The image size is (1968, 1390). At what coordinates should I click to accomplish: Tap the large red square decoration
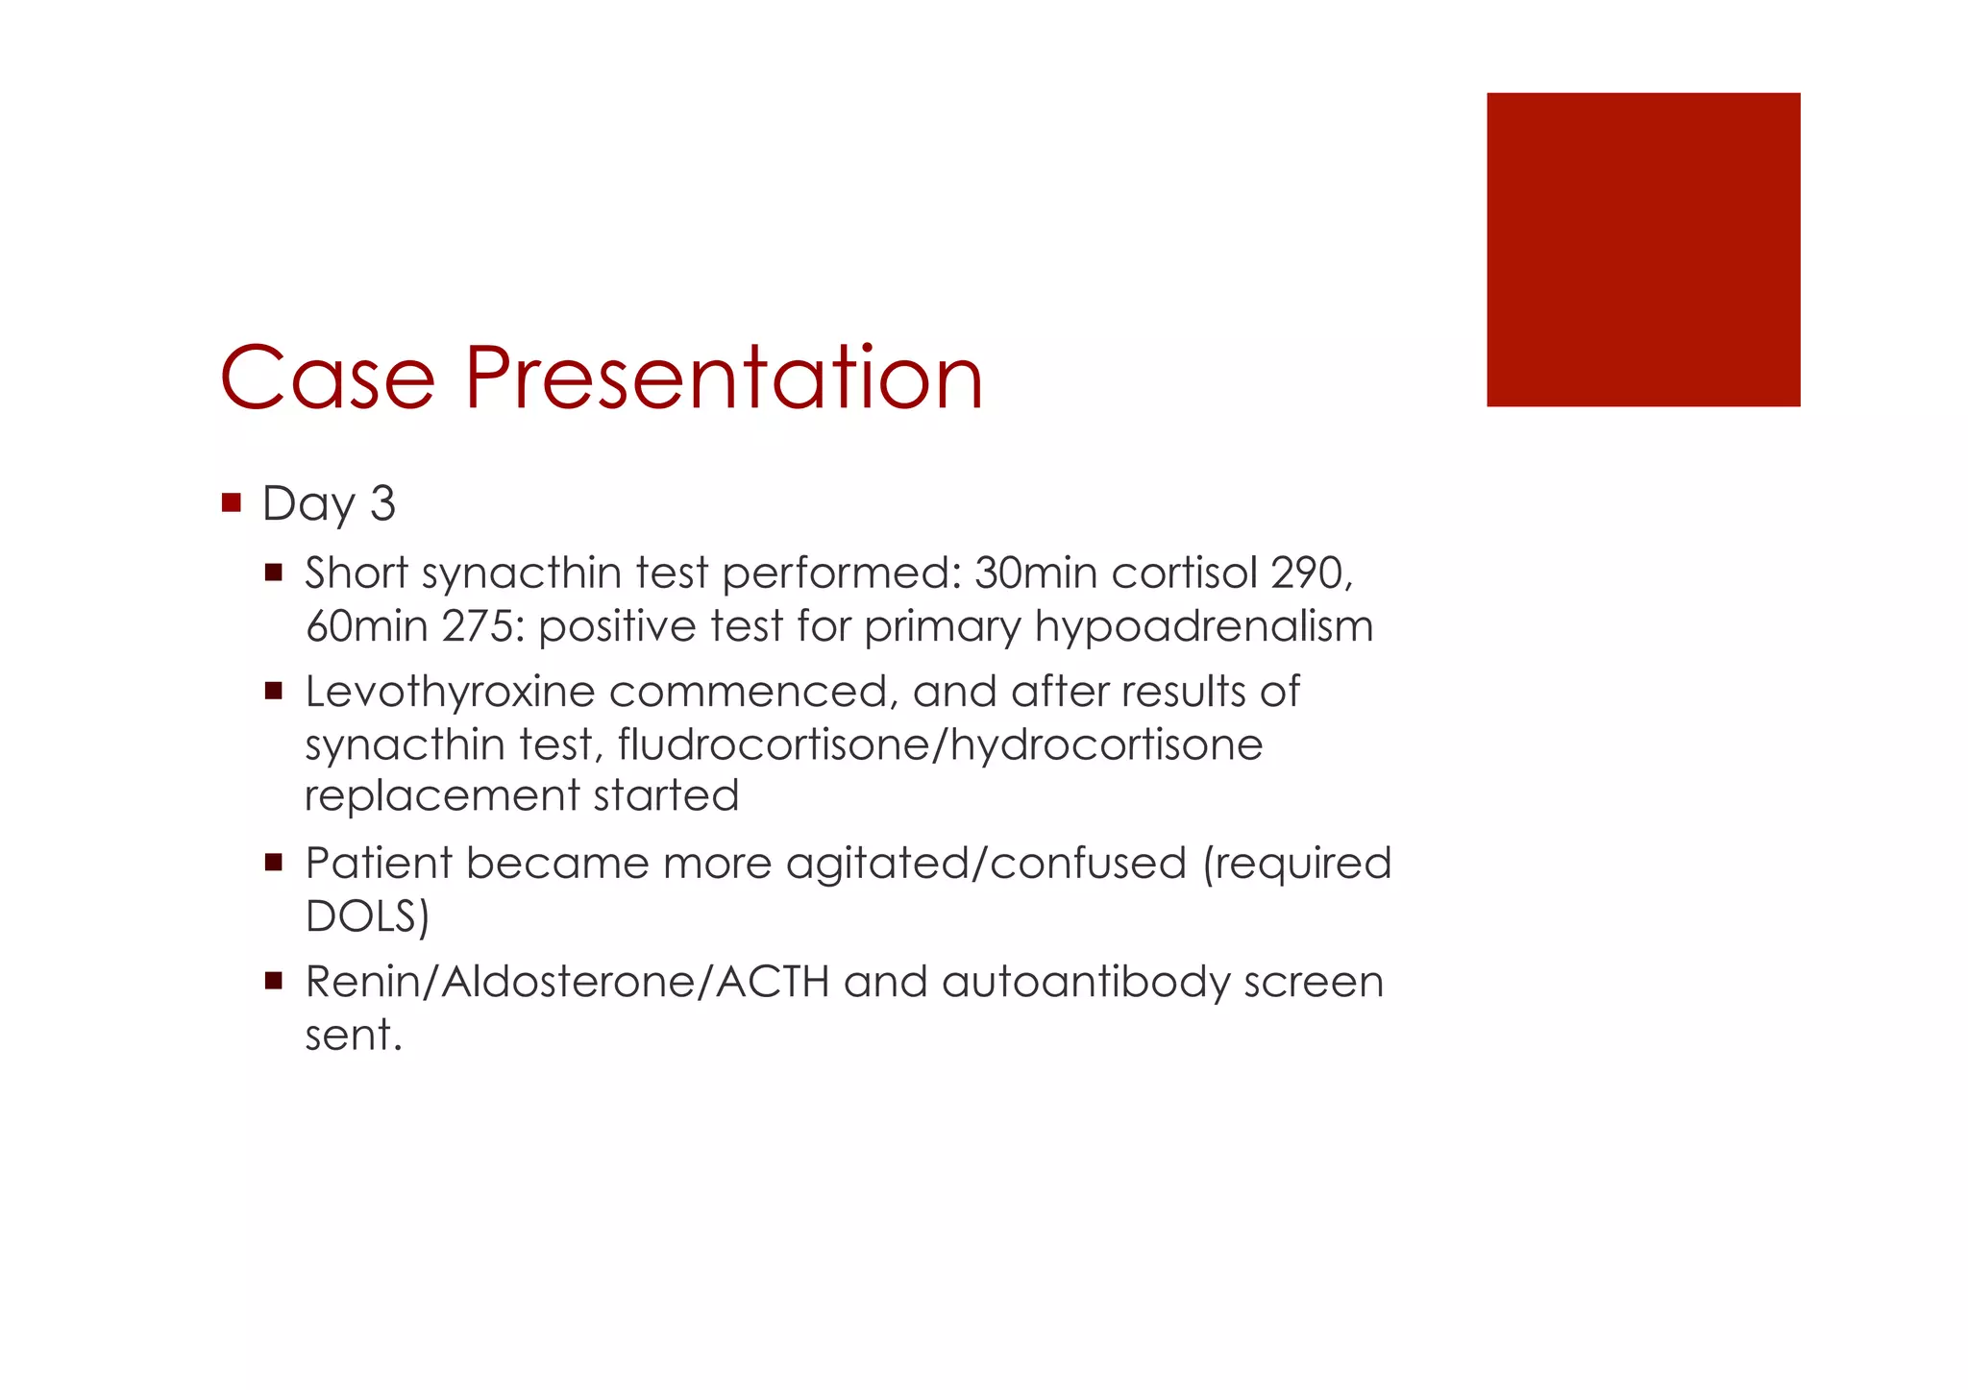pos(1642,250)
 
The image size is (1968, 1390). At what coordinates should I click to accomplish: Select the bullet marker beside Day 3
pos(231,501)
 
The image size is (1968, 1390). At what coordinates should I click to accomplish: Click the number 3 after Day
pos(382,503)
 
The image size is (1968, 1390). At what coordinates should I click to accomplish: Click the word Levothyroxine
pos(450,692)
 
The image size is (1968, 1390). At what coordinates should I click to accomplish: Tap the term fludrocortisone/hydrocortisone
pos(940,744)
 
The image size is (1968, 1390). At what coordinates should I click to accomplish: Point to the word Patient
pos(379,863)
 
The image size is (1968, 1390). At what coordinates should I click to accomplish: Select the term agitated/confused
pos(986,863)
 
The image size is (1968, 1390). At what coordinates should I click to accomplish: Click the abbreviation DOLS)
pos(367,915)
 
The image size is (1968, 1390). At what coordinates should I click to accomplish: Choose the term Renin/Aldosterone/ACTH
pos(567,982)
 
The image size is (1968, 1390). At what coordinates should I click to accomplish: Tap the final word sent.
pos(353,1036)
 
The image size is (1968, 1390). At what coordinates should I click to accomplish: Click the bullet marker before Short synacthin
pos(274,573)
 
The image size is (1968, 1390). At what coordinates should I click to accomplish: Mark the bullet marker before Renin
pos(274,981)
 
